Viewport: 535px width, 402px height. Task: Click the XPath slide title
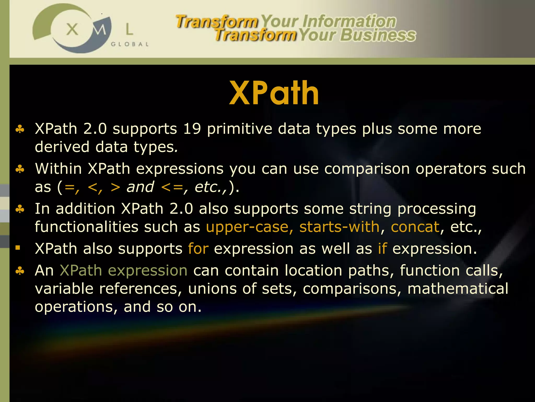click(x=274, y=93)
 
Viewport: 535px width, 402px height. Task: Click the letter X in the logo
click(x=72, y=29)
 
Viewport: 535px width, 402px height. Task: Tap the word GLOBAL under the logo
click(x=130, y=44)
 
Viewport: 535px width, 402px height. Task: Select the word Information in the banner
click(x=349, y=21)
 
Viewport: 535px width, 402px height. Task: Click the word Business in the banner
click(x=378, y=35)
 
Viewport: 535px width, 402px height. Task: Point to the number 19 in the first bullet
click(x=192, y=129)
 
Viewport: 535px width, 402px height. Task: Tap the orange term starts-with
click(x=339, y=227)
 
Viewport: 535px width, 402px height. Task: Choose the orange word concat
click(x=415, y=227)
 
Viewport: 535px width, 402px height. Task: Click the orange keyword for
click(x=198, y=249)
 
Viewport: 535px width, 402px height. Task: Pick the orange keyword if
click(x=382, y=249)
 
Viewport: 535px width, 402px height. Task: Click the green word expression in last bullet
click(x=148, y=271)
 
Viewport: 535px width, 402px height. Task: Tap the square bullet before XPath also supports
click(x=18, y=248)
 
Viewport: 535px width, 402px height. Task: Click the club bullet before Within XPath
click(x=20, y=169)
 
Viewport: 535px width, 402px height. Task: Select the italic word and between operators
click(x=140, y=187)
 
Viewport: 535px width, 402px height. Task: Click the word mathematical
click(x=458, y=289)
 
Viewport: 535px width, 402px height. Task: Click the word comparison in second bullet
click(x=367, y=169)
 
